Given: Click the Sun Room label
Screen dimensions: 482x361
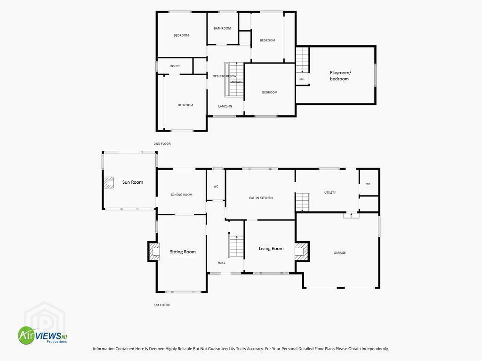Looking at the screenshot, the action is click(132, 182).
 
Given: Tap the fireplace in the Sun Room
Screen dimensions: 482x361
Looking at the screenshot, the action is click(109, 182).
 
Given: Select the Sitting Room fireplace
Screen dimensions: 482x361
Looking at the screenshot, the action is click(154, 251).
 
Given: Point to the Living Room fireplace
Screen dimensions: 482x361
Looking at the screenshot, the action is click(302, 251).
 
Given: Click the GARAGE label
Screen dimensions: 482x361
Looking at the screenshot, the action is click(339, 252).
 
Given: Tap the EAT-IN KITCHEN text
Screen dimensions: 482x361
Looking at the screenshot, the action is click(261, 198).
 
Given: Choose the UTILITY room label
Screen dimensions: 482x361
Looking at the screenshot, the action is click(330, 192).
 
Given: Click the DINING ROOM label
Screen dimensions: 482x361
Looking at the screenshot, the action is click(181, 195).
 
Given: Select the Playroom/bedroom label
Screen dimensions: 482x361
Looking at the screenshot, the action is click(340, 76).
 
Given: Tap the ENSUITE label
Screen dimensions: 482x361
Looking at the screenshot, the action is click(175, 66).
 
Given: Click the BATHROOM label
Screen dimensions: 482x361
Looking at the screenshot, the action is click(222, 28).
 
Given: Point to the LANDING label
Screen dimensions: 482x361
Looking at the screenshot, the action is click(225, 106).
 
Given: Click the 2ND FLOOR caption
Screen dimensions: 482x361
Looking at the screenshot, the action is click(162, 144).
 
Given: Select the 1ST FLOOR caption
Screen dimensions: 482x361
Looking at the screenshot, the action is click(162, 305).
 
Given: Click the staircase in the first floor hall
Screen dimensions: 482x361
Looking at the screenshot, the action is click(236, 245).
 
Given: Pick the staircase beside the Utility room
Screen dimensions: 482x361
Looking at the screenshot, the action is click(303, 202).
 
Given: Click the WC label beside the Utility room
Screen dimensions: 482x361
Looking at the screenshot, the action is click(368, 184).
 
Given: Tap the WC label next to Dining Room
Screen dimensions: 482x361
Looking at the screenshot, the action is click(216, 186).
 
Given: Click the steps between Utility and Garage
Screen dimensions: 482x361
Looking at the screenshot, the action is click(351, 215).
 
